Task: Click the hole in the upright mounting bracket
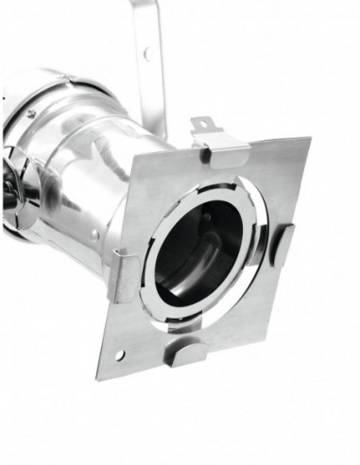tap(145, 53)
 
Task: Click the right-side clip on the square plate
tap(283, 244)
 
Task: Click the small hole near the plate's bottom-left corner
tap(119, 354)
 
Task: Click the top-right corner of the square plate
tap(310, 140)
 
